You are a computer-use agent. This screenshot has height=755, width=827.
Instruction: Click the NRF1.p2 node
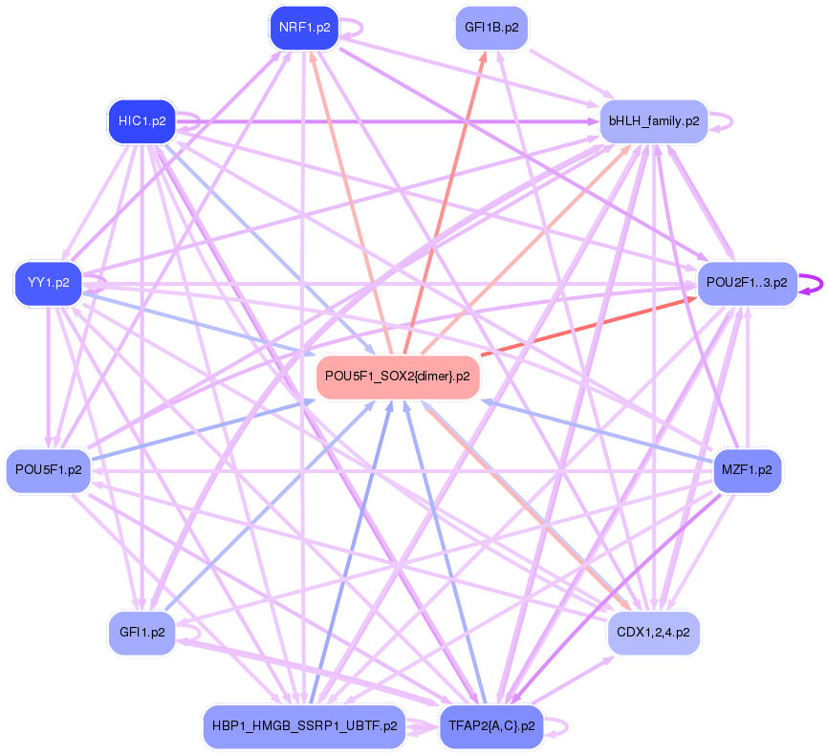pos(305,28)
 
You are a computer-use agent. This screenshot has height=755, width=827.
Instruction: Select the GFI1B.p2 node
pos(491,28)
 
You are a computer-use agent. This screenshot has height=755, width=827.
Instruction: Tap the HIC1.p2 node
pos(141,121)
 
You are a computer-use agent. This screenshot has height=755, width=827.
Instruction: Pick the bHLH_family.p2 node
pos(653,121)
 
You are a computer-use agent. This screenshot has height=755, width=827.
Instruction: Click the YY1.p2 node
pos(48,283)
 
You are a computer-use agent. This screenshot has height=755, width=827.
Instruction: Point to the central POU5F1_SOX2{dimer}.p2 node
pos(397,376)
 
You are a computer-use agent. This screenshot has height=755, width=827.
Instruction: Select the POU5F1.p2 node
pos(48,470)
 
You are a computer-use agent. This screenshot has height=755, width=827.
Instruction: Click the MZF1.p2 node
pos(747,470)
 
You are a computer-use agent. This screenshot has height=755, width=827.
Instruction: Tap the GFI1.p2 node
pos(141,633)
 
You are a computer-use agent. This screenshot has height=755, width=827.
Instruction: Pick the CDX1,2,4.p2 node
pos(653,633)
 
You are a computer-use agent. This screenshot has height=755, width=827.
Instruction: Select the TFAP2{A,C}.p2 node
pos(491,726)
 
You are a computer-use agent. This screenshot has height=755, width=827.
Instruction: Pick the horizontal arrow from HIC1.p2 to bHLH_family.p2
pos(382,121)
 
